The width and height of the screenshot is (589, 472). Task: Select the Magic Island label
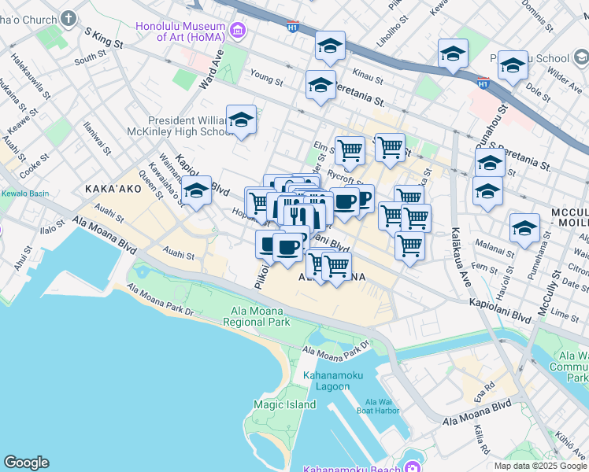[x=273, y=404]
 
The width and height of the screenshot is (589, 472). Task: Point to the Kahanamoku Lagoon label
[x=333, y=381]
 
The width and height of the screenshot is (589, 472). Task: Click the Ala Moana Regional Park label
[x=257, y=316]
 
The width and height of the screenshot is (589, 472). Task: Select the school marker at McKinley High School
[x=242, y=121]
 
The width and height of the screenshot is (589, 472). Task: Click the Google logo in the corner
[x=26, y=463]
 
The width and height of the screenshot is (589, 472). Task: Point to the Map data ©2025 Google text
[x=540, y=466]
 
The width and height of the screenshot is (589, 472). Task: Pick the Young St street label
[x=265, y=79]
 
